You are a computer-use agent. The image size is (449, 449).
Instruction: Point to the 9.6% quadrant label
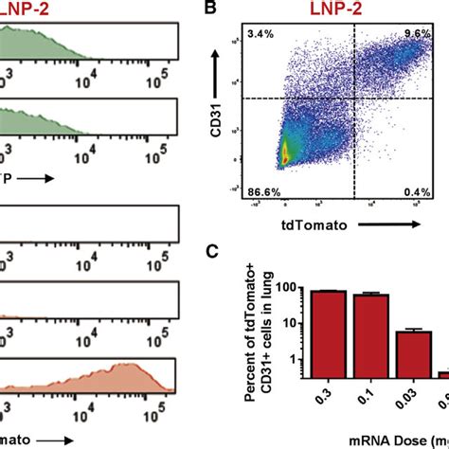tap(418, 34)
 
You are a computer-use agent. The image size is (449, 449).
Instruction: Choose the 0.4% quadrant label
tap(418, 193)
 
